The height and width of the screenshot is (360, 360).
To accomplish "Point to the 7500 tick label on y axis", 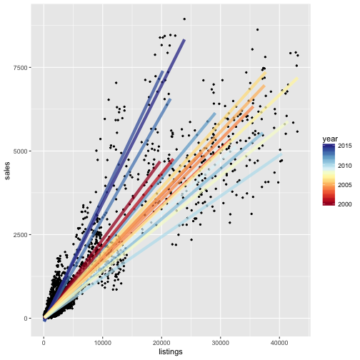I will coord(21,68).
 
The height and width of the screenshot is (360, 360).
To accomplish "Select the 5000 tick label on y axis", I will coord(21,151).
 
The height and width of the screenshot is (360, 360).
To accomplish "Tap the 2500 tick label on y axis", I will coord(21,235).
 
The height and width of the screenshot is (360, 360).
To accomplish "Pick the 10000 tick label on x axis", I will coord(103,341).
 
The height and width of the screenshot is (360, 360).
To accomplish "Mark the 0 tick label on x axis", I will coord(44,341).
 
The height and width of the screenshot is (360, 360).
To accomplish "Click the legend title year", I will coord(330,138).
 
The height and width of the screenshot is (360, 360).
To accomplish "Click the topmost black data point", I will coord(184,19).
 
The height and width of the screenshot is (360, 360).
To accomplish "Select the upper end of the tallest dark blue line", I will coord(184,40).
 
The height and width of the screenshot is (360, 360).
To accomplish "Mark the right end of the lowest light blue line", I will coord(281,154).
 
